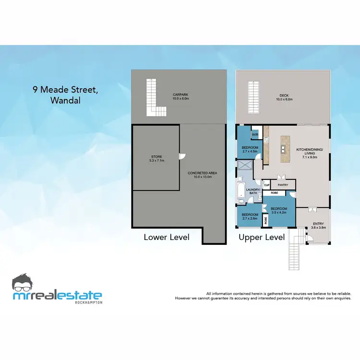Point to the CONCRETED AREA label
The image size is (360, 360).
coord(200,175)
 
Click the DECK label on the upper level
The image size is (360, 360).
coord(284,97)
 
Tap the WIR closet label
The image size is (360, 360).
coord(255,134)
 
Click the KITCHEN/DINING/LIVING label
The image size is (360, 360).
coord(310,153)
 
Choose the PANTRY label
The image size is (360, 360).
coord(283,184)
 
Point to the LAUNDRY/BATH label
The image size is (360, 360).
coord(253,192)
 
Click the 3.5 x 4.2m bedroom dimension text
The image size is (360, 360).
coord(278,212)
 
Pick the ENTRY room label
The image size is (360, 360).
coord(318,225)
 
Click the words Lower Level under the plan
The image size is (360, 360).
coord(167,237)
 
